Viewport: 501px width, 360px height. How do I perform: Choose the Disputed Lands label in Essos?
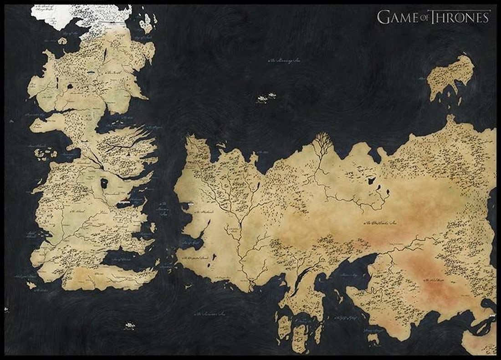tap(196, 258)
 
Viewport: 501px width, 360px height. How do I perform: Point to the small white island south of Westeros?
tap(130, 325)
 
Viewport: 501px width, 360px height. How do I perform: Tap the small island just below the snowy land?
tap(62, 41)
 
